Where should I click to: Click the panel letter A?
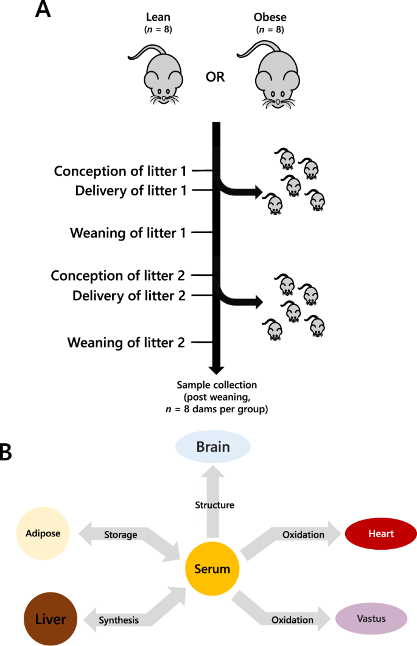(43, 10)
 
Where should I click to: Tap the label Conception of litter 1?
(119, 171)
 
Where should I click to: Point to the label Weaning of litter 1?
(127, 233)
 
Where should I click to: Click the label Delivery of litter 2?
(128, 296)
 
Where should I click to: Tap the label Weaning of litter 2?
(126, 342)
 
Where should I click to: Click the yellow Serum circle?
(212, 569)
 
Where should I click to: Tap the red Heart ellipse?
(380, 534)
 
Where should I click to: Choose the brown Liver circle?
(50, 620)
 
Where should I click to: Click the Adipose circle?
(43, 534)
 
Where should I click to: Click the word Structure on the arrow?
(214, 505)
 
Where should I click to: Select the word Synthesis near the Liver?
(119, 620)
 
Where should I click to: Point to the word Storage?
(120, 535)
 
